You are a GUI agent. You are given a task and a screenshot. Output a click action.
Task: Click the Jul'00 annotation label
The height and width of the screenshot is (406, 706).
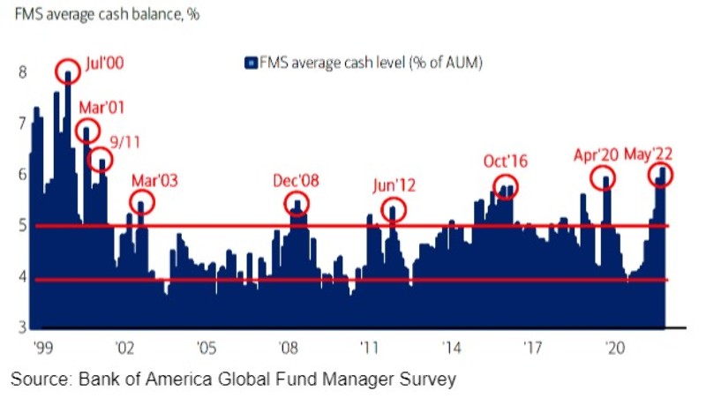coord(105,65)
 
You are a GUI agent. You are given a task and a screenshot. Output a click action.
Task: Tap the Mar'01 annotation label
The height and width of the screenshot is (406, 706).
coord(102,108)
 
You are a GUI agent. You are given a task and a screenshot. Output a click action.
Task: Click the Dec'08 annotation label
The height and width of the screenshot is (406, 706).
coord(296,181)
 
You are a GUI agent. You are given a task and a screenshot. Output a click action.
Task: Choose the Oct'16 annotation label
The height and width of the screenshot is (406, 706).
coord(505,162)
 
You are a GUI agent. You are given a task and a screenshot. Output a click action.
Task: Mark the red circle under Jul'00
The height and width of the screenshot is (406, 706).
coord(68,71)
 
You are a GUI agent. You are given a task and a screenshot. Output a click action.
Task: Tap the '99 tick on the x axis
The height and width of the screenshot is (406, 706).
coord(41,346)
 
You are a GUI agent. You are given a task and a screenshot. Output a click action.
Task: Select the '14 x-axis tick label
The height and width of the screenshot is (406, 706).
coord(452,346)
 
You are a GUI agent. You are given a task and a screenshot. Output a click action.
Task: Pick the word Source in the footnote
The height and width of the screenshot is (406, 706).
coord(38,380)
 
